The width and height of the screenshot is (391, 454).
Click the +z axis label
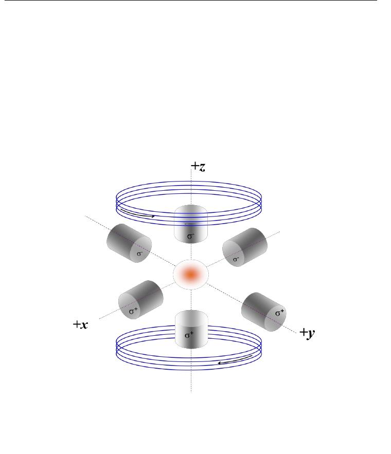point(199,167)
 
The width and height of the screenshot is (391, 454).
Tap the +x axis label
point(81,324)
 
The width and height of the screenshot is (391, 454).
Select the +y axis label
point(307,333)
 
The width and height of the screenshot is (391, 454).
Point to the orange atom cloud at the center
point(190,274)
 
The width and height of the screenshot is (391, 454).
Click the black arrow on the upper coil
point(137,213)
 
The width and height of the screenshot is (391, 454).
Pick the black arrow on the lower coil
point(235,359)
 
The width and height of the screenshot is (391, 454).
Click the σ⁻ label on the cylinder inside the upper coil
point(190,236)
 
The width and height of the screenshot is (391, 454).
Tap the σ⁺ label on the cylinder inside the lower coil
point(189,335)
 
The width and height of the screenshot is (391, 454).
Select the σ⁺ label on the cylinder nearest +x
point(133,311)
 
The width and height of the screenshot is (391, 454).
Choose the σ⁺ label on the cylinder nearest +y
point(279,313)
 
